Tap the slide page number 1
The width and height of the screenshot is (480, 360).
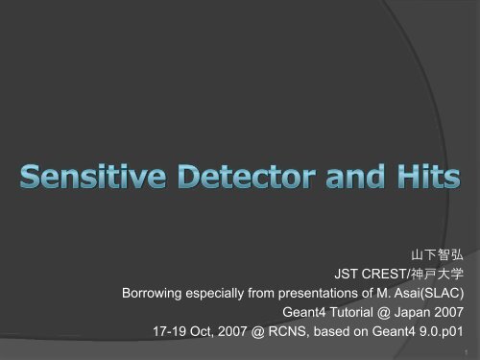(466, 352)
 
